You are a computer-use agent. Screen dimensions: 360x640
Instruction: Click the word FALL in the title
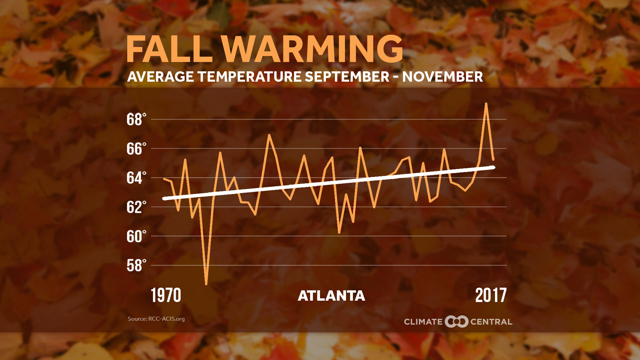[x=169, y=49]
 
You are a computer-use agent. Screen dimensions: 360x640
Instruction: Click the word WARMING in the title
[x=313, y=49]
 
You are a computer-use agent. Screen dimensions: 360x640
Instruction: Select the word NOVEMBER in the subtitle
[x=442, y=77]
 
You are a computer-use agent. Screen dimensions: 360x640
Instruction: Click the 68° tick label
[x=136, y=119]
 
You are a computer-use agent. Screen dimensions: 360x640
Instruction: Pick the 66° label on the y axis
[x=136, y=149]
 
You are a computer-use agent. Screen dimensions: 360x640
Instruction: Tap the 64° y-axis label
[x=136, y=178]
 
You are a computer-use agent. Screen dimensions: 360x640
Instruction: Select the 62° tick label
[x=136, y=207]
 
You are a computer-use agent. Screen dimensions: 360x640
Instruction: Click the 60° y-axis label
[x=136, y=236]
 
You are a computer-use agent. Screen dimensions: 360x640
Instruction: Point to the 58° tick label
[x=136, y=266]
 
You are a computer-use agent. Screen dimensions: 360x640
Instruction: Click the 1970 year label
[x=166, y=295]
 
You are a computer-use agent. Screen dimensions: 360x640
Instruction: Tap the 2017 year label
[x=491, y=295]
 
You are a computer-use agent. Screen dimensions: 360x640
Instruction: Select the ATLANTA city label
[x=331, y=296]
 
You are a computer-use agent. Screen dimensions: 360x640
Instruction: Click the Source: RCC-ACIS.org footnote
[x=156, y=319]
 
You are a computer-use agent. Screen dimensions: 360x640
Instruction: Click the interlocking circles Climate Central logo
[x=456, y=322]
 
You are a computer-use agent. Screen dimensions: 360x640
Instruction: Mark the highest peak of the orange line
[x=486, y=104]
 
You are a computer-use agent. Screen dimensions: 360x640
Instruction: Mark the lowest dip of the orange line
[x=206, y=284]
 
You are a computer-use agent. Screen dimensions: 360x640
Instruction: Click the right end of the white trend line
[x=494, y=167]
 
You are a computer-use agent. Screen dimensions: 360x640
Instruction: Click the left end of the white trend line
[x=164, y=199]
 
